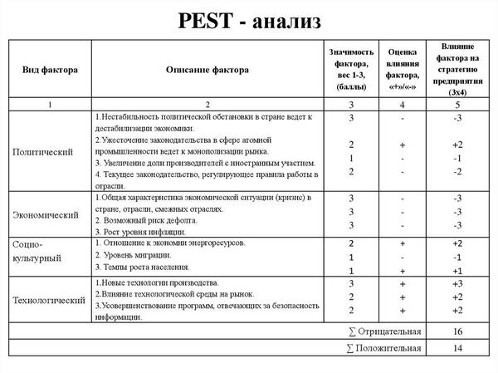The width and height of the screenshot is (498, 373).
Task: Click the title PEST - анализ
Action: tap(248, 20)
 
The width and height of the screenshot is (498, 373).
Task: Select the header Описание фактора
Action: tap(207, 69)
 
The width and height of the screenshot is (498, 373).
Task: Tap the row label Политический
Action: tap(43, 152)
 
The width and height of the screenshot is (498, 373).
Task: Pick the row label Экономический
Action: tap(46, 214)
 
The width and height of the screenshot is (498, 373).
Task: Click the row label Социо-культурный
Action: tap(37, 253)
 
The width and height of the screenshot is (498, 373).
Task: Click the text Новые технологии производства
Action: tap(157, 284)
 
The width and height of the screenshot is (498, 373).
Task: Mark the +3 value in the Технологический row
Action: tap(456, 284)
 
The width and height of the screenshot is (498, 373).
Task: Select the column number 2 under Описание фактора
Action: tap(207, 105)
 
